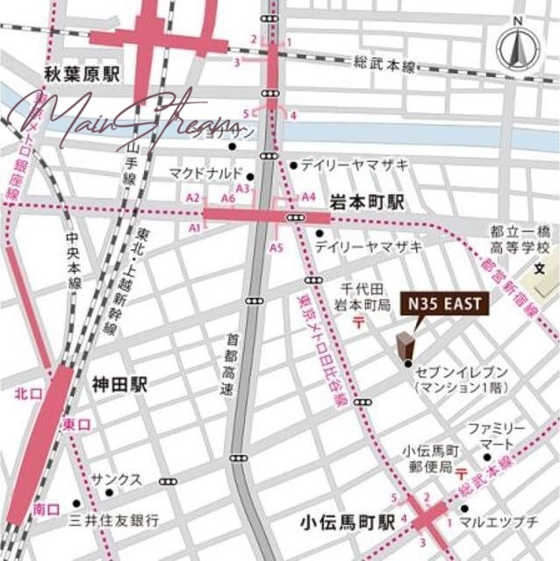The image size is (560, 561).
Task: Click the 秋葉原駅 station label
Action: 84,75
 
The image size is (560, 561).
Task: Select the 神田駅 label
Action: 119,384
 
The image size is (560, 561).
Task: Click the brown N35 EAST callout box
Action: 442,304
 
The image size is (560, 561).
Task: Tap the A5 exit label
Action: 276,248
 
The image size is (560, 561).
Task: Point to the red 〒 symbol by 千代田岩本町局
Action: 360,323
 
